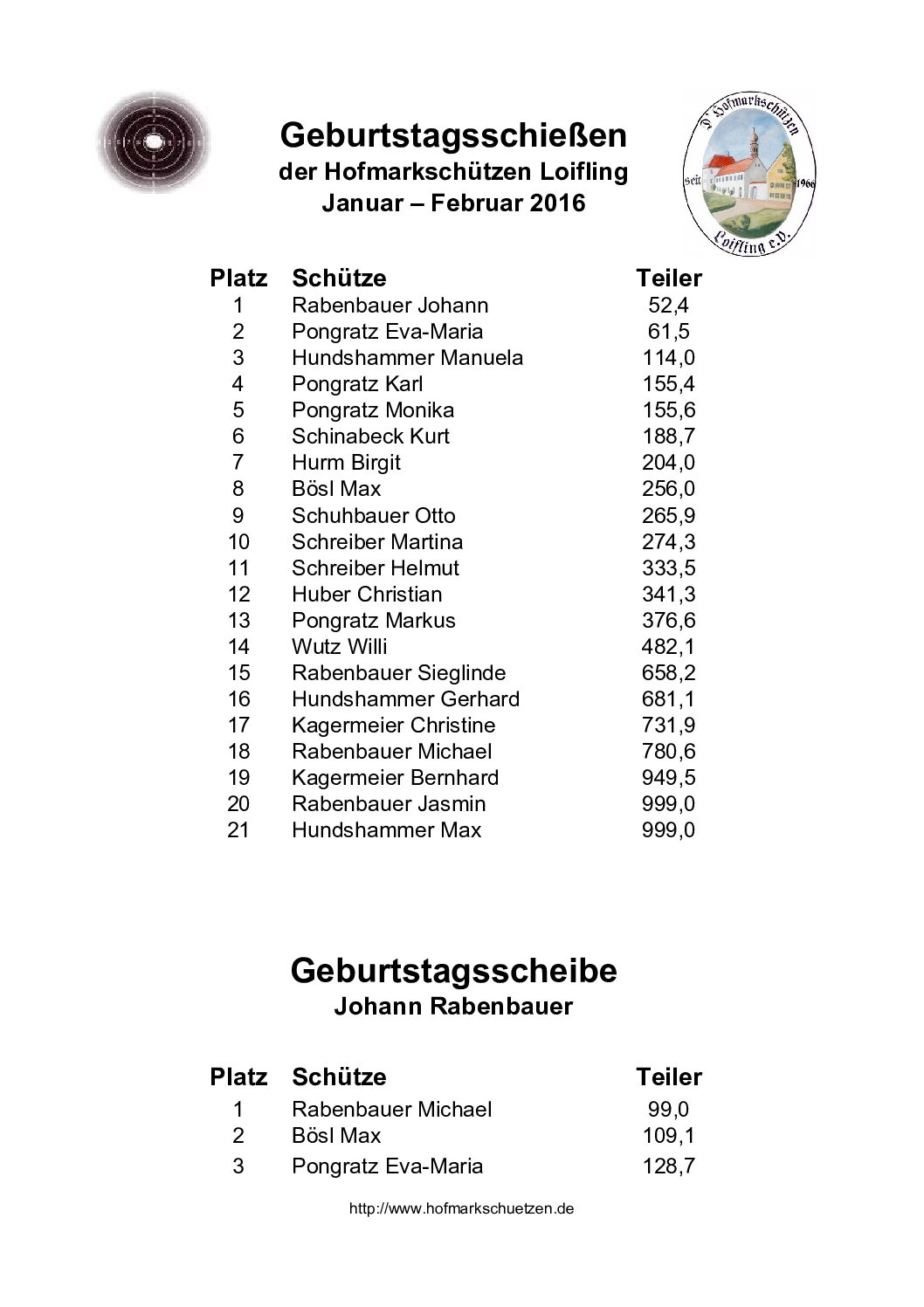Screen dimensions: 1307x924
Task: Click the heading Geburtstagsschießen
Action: pyautogui.click(x=453, y=135)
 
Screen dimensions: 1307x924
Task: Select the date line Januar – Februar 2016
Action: pyautogui.click(x=453, y=203)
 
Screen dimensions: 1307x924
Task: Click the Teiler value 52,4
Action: pyautogui.click(x=668, y=306)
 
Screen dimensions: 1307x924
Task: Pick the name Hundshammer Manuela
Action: pyautogui.click(x=407, y=358)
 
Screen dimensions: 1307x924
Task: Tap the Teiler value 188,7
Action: pyautogui.click(x=668, y=437)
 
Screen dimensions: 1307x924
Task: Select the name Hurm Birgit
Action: pyautogui.click(x=346, y=463)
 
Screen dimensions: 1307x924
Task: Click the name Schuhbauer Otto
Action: pyautogui.click(x=373, y=515)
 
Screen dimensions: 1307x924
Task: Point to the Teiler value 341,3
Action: pyautogui.click(x=668, y=594)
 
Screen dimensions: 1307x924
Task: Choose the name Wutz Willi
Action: pyautogui.click(x=339, y=646)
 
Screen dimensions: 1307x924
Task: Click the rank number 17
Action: pyautogui.click(x=238, y=725)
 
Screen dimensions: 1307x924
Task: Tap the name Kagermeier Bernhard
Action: pyautogui.click(x=395, y=777)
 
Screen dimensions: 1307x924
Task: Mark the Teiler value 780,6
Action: pyautogui.click(x=668, y=751)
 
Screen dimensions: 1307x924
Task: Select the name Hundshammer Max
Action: pyautogui.click(x=386, y=829)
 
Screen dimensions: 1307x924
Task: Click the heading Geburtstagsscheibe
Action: pyautogui.click(x=453, y=970)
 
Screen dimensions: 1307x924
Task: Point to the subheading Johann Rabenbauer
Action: pyautogui.click(x=453, y=1007)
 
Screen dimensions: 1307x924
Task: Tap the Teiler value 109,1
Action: pyautogui.click(x=668, y=1135)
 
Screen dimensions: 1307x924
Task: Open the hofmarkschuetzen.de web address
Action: pyautogui.click(x=461, y=1209)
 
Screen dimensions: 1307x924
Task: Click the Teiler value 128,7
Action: pyautogui.click(x=668, y=1166)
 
